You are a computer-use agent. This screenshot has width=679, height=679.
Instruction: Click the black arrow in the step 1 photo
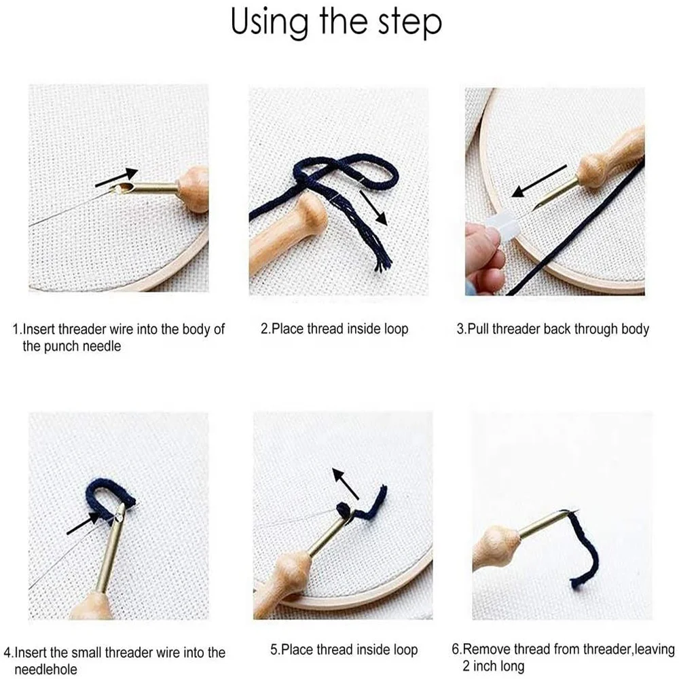pyautogui.click(x=117, y=178)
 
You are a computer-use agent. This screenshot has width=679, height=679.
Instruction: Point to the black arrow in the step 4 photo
pyautogui.click(x=83, y=524)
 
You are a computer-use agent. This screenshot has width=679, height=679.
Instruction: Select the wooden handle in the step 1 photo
pyautogui.click(x=194, y=188)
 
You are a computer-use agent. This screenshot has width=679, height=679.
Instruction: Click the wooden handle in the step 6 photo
pyautogui.click(x=497, y=547)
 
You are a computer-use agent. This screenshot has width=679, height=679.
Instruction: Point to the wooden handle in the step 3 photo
pyautogui.click(x=611, y=154)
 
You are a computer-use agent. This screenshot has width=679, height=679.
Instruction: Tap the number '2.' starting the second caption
pyautogui.click(x=265, y=329)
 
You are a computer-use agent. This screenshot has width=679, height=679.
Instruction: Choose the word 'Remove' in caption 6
pyautogui.click(x=485, y=649)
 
